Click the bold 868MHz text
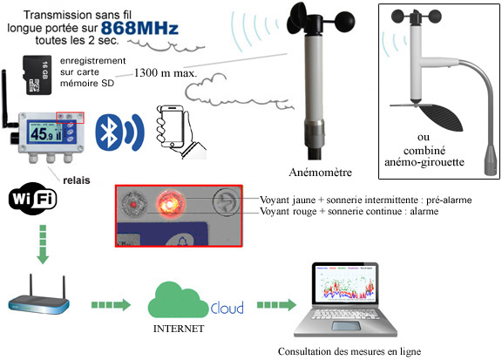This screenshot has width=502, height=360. tap(139, 28)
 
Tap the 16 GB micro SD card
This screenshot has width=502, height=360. tap(37, 75)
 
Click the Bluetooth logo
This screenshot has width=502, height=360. tap(109, 132)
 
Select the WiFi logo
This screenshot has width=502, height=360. tap(32, 199)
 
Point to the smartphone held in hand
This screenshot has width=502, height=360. tap(173, 127)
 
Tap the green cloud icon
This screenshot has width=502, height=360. tap(178, 300)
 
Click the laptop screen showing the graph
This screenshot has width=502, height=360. tap(345, 283)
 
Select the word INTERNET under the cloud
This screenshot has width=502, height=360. tap(179, 329)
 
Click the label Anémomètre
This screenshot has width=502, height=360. tap(321, 173)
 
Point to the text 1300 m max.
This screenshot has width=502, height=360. tap(166, 73)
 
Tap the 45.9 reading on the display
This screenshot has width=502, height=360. tap(42, 133)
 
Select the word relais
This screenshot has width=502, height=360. tap(77, 180)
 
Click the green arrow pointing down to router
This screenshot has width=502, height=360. tap(43, 244)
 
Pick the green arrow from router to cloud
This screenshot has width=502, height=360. tap(111, 304)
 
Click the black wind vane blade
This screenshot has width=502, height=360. tap(442, 117)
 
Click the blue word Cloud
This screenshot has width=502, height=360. tap(227, 308)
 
